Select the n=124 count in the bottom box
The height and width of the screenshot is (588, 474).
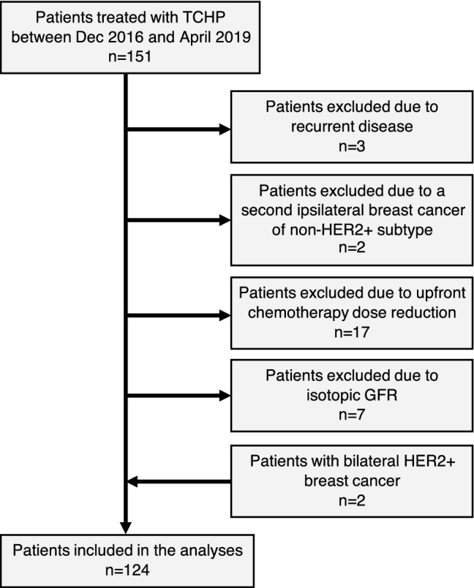(x=127, y=571)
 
